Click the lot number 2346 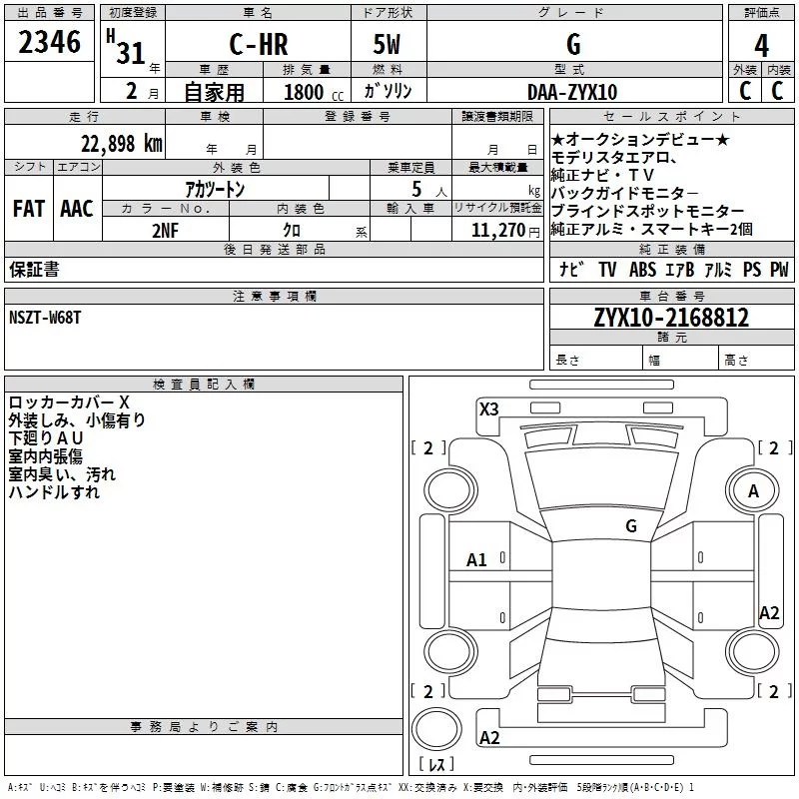click(49, 42)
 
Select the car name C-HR click(258, 45)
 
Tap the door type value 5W click(389, 45)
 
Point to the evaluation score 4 click(762, 45)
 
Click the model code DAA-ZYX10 click(572, 91)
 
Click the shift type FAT click(29, 209)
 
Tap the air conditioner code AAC click(77, 209)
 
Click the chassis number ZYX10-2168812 click(671, 319)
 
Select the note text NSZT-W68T click(45, 317)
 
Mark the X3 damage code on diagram click(489, 408)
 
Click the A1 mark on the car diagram click(477, 560)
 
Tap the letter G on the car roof click(631, 525)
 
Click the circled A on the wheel click(754, 491)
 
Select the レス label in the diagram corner click(436, 765)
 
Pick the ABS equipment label click(642, 270)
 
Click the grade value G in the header click(573, 45)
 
